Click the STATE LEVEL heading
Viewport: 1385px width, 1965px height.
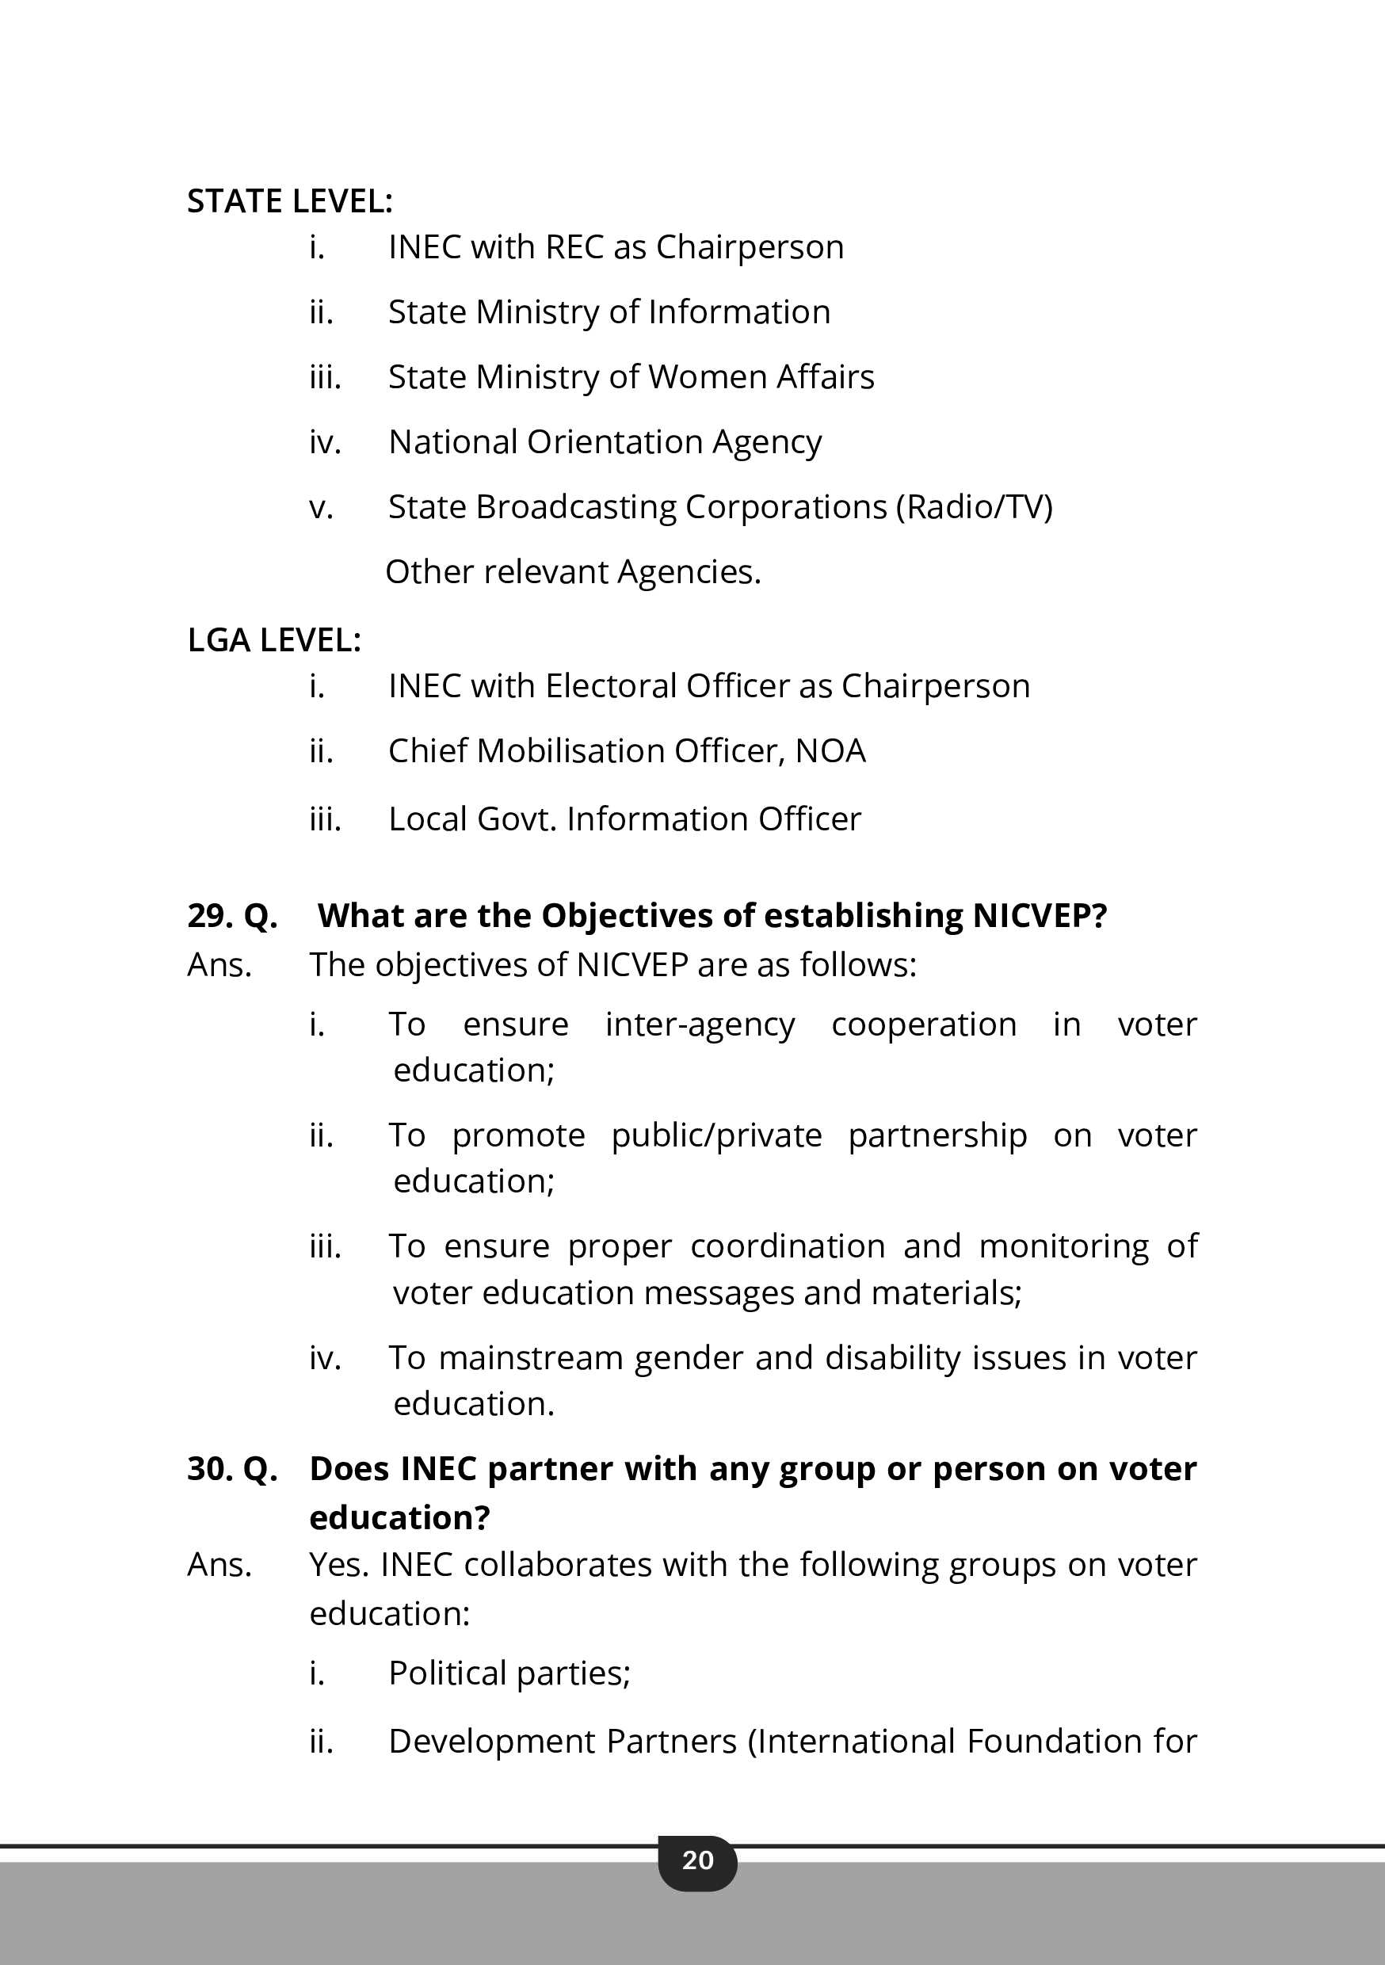pyautogui.click(x=289, y=201)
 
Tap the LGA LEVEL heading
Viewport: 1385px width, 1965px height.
pyautogui.click(x=274, y=640)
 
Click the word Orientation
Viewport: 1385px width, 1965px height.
pyautogui.click(x=614, y=442)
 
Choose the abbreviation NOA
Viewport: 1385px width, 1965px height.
pyautogui.click(x=830, y=751)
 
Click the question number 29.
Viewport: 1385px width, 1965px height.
pyautogui.click(x=209, y=916)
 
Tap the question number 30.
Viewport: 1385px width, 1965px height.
pyautogui.click(x=209, y=1469)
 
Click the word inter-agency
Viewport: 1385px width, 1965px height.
pyautogui.click(x=700, y=1025)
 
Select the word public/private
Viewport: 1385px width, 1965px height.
pyautogui.click(x=716, y=1136)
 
